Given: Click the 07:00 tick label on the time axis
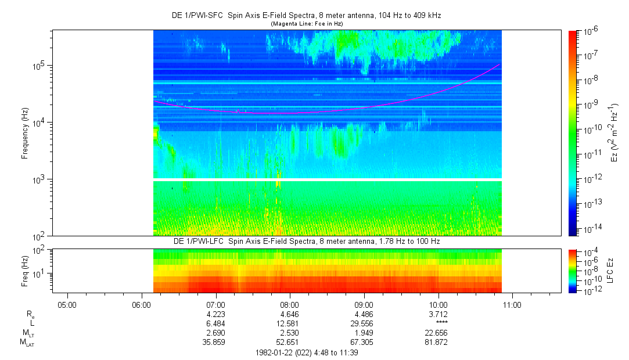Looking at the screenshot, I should (215, 304).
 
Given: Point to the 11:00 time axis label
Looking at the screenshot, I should (512, 304).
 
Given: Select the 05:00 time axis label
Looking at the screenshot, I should (67, 304).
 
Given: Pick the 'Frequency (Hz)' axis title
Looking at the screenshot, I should (25, 133).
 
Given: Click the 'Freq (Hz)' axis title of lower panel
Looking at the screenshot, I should (25, 271).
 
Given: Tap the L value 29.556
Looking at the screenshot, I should (364, 323).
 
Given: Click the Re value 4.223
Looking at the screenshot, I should (215, 314).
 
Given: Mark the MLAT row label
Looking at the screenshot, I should (27, 342).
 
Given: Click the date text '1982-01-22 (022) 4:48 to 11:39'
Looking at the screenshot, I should (306, 352).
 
